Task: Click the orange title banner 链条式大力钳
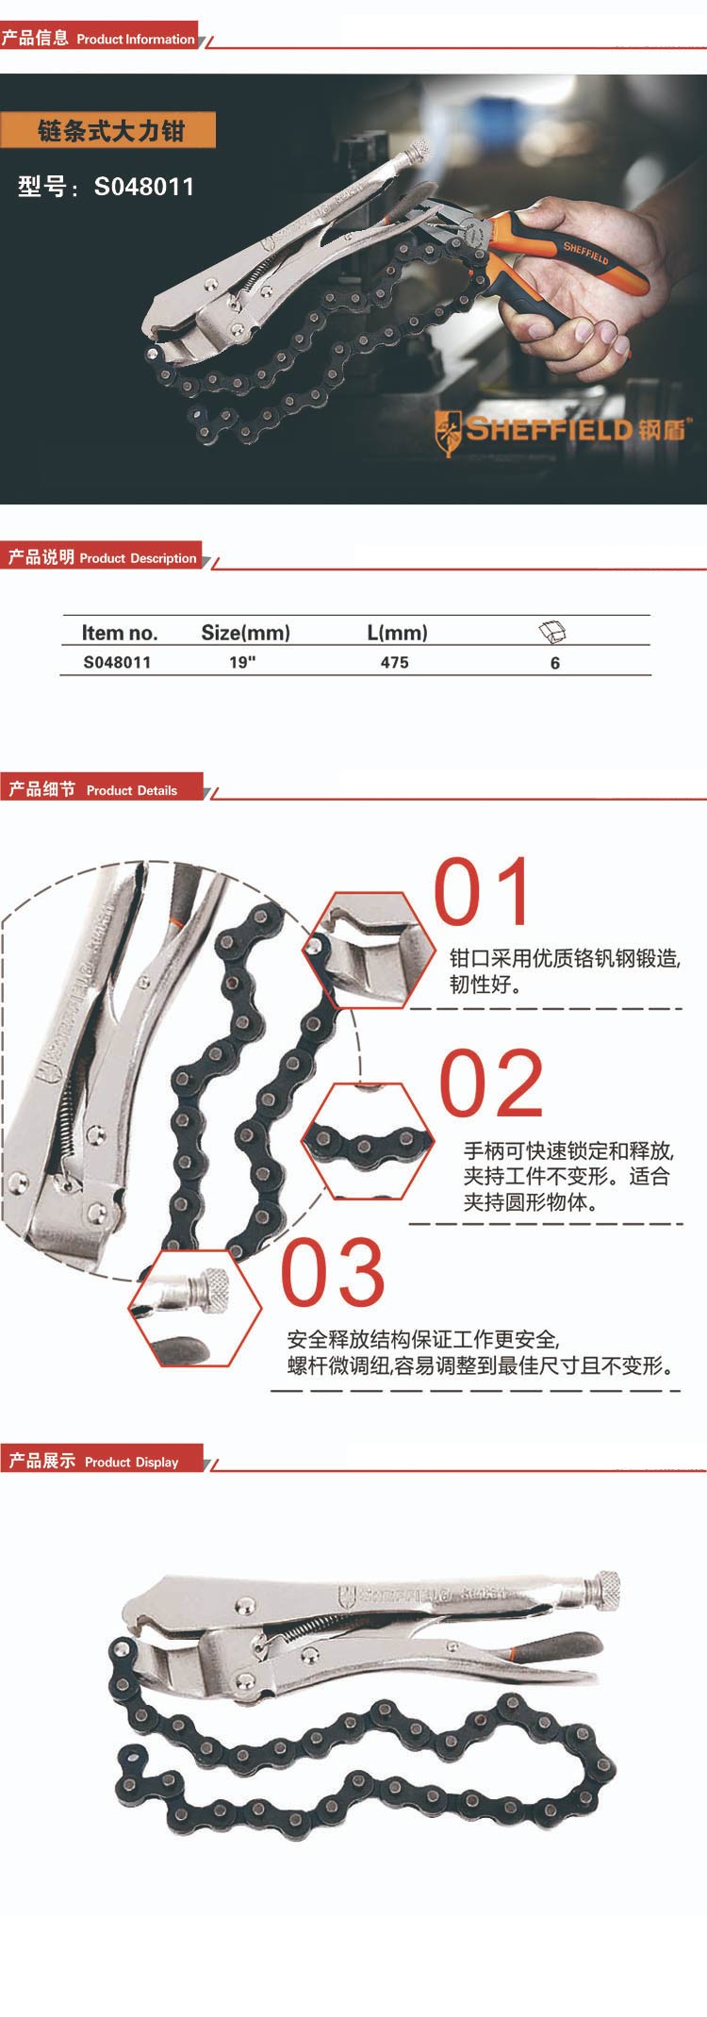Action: pos(108,130)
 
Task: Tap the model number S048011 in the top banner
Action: pos(143,187)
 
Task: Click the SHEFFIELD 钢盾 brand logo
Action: pos(562,431)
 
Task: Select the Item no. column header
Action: pos(119,633)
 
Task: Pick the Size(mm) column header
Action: pos(245,633)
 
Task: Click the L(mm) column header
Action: pos(397,633)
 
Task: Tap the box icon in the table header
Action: pos(551,632)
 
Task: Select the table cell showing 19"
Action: pos(242,662)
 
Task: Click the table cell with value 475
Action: pos(394,662)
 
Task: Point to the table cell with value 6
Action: pos(555,663)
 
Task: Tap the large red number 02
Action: pos(491,1084)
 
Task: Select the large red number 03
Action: pos(333,1273)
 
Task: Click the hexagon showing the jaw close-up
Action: pos(369,950)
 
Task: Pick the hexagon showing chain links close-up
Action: pos(368,1141)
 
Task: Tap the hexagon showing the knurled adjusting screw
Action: pos(195,1307)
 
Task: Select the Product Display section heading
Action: pos(94,1462)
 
